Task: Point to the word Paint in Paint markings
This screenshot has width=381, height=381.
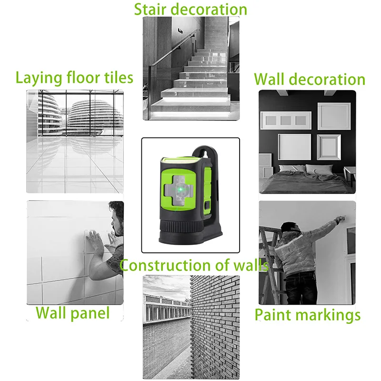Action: click(x=273, y=315)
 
